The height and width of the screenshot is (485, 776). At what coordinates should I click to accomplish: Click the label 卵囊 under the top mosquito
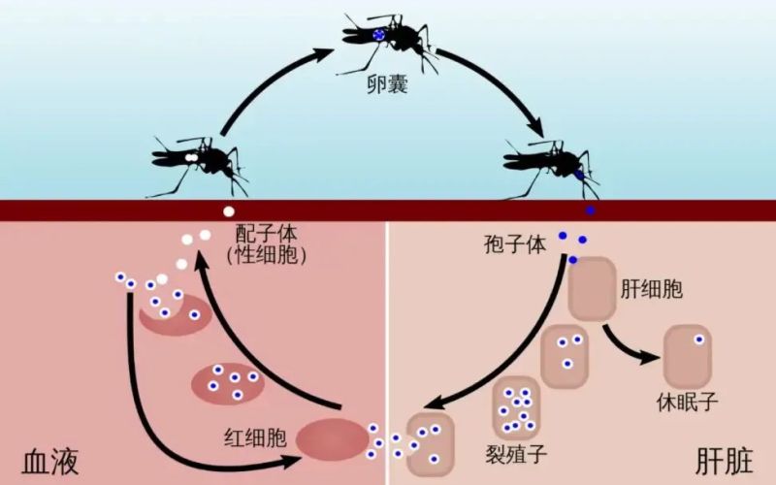(387, 85)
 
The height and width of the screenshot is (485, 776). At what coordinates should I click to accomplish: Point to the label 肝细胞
(651, 288)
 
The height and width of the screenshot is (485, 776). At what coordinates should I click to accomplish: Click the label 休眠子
(688, 401)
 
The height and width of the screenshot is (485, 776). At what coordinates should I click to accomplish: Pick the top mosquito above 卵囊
(386, 39)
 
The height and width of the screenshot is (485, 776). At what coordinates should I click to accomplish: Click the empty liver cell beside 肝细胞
(592, 288)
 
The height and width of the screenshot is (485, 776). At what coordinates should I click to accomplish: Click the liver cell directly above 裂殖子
(516, 404)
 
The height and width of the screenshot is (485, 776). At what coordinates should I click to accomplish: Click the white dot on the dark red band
(229, 210)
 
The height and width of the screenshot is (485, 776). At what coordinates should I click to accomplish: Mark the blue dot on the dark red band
(590, 210)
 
